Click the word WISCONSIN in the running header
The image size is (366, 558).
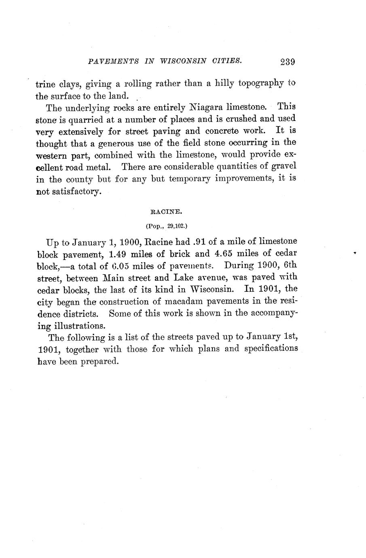click(184, 62)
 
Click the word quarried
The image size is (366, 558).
click(79, 119)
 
